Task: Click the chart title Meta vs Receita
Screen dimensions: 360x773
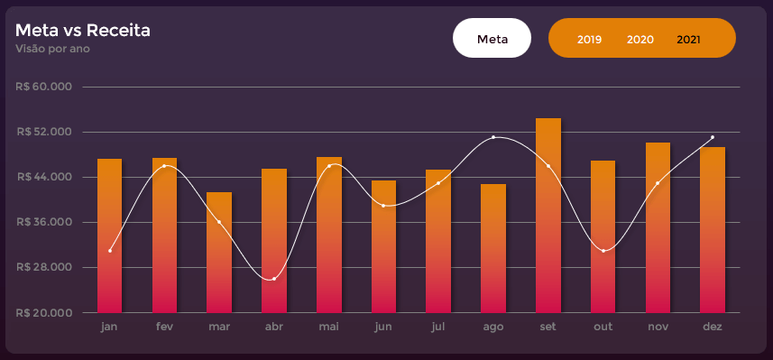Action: click(82, 31)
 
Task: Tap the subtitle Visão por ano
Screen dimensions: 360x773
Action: click(52, 49)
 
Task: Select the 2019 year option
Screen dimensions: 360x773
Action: click(589, 40)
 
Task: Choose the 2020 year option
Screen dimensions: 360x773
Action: click(640, 40)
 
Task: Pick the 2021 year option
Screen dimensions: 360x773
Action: click(688, 40)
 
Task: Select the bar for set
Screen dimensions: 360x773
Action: click(548, 217)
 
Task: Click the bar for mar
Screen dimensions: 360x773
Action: click(219, 253)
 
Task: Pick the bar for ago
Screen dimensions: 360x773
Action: click(493, 248)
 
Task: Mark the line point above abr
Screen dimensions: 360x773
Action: click(274, 279)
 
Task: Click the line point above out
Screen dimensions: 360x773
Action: click(603, 251)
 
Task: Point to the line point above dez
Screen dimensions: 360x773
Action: click(713, 137)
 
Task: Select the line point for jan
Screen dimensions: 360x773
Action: click(110, 251)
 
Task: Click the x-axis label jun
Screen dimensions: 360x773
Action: click(383, 326)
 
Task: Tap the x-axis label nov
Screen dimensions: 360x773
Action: click(658, 326)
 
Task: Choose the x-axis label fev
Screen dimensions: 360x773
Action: click(164, 326)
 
